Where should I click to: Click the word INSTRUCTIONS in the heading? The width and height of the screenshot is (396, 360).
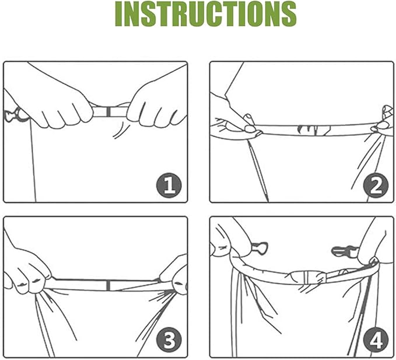205,15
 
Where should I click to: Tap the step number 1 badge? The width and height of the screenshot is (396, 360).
169,186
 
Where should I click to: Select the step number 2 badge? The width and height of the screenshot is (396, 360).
376,186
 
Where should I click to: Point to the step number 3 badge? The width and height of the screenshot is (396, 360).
169,340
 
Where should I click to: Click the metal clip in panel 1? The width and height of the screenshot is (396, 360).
13,115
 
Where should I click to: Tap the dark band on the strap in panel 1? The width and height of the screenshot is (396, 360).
108,111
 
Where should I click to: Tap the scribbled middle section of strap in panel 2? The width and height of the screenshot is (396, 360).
313,130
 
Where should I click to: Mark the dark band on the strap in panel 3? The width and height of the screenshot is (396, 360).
108,285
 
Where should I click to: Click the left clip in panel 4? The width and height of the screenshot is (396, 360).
260,248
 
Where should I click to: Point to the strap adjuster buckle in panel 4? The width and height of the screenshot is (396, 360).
307,277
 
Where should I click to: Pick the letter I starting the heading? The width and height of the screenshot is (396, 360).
120,15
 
